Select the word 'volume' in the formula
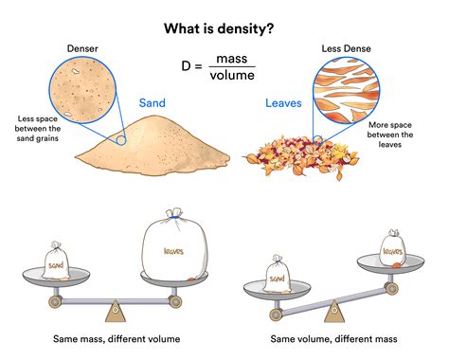[x=232, y=75]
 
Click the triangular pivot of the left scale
[x=115, y=310]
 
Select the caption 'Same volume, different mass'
[x=333, y=339]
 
